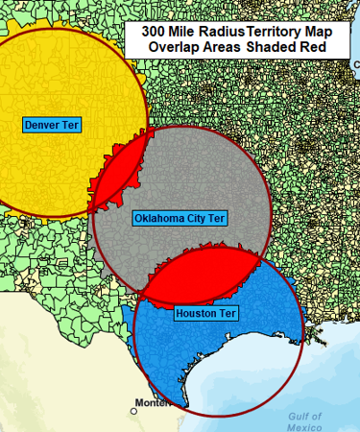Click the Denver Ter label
(52, 125)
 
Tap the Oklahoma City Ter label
(180, 218)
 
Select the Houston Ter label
(205, 313)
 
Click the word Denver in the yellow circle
(43, 125)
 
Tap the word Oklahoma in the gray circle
(158, 218)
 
